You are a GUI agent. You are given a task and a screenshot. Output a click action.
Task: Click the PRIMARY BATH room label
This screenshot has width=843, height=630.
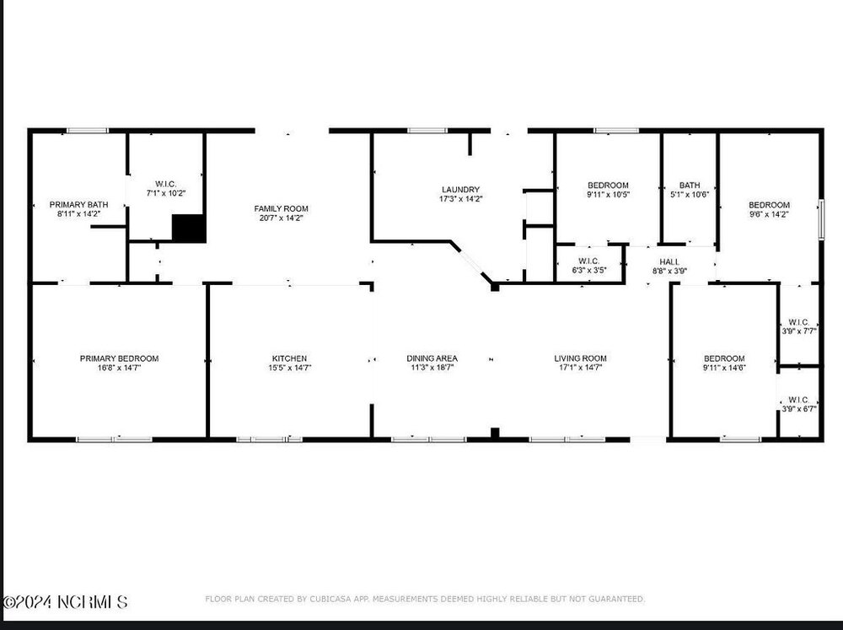(x=78, y=204)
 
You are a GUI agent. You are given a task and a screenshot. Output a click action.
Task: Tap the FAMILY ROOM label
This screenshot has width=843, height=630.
(x=282, y=209)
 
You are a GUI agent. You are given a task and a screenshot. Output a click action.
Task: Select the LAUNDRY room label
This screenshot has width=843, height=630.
(x=461, y=190)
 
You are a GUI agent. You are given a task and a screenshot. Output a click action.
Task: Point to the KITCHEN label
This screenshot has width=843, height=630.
(x=289, y=358)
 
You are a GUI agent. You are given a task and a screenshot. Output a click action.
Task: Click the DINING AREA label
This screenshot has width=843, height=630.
(x=432, y=358)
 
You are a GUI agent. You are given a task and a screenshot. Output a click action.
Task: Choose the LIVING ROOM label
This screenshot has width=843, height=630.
(x=580, y=358)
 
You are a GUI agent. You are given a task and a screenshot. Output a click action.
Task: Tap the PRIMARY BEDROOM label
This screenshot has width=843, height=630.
(x=120, y=358)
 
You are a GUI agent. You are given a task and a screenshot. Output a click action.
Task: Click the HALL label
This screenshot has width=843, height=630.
(x=669, y=261)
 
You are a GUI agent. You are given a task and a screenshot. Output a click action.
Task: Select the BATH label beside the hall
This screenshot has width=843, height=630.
(x=690, y=185)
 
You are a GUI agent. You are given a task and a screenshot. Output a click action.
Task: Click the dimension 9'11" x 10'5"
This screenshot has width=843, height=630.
(x=608, y=195)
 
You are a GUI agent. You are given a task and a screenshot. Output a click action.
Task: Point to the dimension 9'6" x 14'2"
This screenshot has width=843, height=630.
(x=770, y=214)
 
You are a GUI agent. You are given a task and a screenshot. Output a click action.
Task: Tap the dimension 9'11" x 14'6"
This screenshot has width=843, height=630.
(x=724, y=368)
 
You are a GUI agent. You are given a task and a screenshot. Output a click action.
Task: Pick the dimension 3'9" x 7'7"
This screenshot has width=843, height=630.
(x=799, y=331)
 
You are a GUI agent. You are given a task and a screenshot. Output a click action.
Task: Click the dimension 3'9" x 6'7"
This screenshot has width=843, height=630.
(x=799, y=409)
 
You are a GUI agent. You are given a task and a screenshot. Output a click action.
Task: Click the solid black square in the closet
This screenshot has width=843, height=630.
(x=189, y=228)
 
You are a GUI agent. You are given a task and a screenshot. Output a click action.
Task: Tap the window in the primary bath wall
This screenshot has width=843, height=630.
(x=87, y=130)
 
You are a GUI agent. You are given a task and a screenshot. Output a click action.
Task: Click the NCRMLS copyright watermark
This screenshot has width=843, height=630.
(x=65, y=601)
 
